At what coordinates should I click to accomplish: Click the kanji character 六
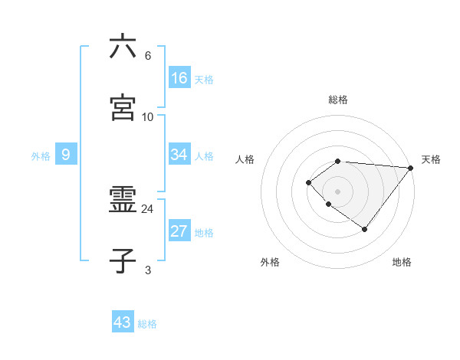123,47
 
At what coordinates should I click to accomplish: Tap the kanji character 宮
123,108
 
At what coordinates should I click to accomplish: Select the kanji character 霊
123,201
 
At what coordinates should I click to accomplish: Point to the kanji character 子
123,261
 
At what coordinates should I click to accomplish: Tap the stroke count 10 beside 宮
148,116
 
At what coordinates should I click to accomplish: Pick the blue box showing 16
179,78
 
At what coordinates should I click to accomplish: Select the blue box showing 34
179,155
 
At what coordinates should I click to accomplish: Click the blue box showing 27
179,231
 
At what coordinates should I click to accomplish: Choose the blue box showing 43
123,322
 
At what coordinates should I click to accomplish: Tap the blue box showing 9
66,155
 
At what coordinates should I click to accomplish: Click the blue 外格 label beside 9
41,156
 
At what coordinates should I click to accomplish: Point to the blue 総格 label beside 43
147,324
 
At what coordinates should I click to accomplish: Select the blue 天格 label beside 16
204,80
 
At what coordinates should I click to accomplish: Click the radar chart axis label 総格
338,100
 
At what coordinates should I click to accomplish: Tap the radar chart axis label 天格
431,159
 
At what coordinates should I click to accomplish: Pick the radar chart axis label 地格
402,262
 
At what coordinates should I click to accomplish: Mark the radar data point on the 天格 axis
411,168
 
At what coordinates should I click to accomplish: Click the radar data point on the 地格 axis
365,229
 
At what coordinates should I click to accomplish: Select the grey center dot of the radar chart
338,191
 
